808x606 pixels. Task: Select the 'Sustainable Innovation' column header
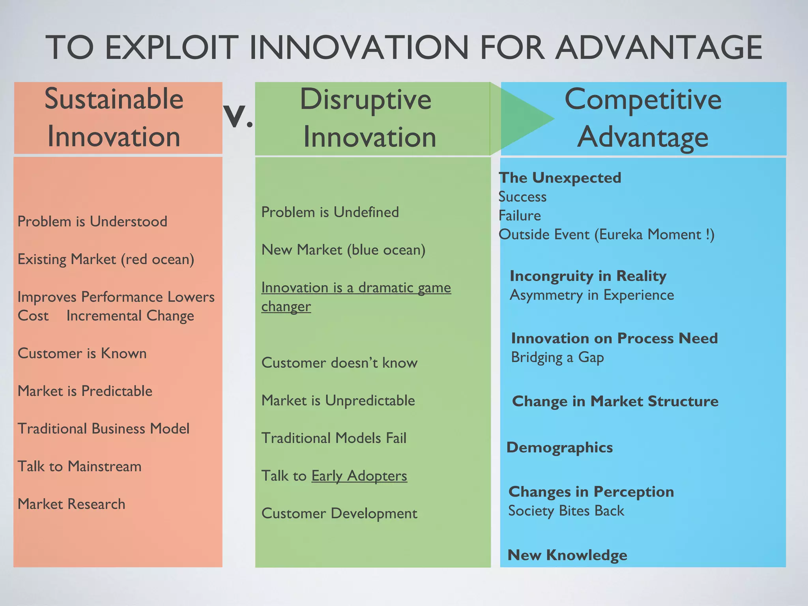(114, 118)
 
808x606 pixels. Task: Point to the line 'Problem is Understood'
(92, 221)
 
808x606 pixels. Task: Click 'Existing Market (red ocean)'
(106, 259)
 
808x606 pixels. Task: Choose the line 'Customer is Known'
(82, 353)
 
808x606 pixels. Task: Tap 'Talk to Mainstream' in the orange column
(79, 466)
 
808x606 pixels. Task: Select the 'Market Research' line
(71, 504)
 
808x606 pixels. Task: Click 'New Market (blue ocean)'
(343, 250)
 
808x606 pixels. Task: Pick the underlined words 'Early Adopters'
(359, 476)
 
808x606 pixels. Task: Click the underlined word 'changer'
(286, 307)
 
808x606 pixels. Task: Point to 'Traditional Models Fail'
(334, 438)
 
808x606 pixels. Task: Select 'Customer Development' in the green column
(339, 513)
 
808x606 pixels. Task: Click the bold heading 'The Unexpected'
(560, 178)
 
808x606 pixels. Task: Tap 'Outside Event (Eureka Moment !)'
(606, 234)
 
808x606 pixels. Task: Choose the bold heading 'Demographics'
(559, 447)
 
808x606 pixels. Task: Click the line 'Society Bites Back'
(566, 511)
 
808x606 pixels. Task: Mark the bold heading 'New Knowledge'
(567, 555)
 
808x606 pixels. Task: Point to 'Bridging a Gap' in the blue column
(557, 357)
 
